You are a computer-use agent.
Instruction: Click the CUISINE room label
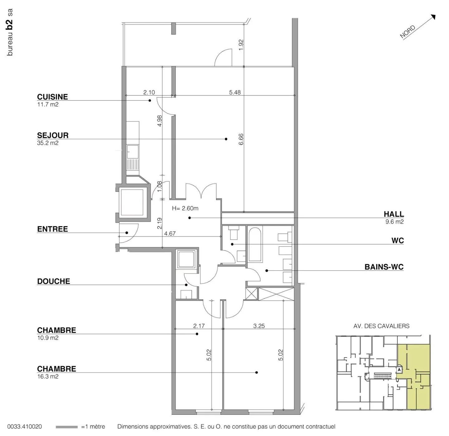[52, 97]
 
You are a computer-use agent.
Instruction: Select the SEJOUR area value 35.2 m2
[48, 143]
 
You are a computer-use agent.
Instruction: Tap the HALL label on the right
[394, 214]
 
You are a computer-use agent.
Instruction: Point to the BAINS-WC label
[384, 267]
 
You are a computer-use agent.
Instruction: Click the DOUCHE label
[54, 281]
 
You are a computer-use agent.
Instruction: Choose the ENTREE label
[52, 229]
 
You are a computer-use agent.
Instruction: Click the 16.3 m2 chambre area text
[48, 376]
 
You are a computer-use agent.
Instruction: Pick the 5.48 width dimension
[235, 92]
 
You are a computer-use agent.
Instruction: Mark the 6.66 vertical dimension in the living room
[241, 139]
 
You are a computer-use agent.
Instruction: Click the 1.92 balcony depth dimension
[241, 45]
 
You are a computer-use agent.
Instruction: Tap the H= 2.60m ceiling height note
[185, 208]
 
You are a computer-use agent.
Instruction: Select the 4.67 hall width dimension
[170, 234]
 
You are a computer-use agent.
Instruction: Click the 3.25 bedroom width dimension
[259, 326]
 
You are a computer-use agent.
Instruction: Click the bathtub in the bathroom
[255, 244]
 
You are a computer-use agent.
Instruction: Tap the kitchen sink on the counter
[133, 152]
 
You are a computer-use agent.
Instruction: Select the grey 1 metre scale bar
[66, 427]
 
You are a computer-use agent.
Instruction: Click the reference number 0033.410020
[24, 427]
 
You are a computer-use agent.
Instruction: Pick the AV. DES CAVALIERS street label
[381, 326]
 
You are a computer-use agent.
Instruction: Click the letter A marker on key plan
[399, 370]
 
